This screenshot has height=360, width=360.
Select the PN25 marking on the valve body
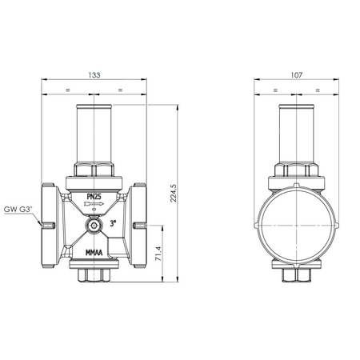pyautogui.click(x=95, y=196)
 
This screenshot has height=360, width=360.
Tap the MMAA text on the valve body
pyautogui.click(x=96, y=254)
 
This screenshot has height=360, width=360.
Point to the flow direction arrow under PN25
pyautogui.click(x=94, y=206)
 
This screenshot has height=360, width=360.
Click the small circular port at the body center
pyautogui.click(x=94, y=227)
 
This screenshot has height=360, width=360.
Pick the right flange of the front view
pyautogui.click(x=140, y=226)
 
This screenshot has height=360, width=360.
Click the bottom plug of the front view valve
pyautogui.click(x=94, y=275)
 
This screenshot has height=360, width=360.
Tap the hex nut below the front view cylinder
pyautogui.click(x=94, y=170)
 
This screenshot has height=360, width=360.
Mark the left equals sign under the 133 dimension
pyautogui.click(x=68, y=89)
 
